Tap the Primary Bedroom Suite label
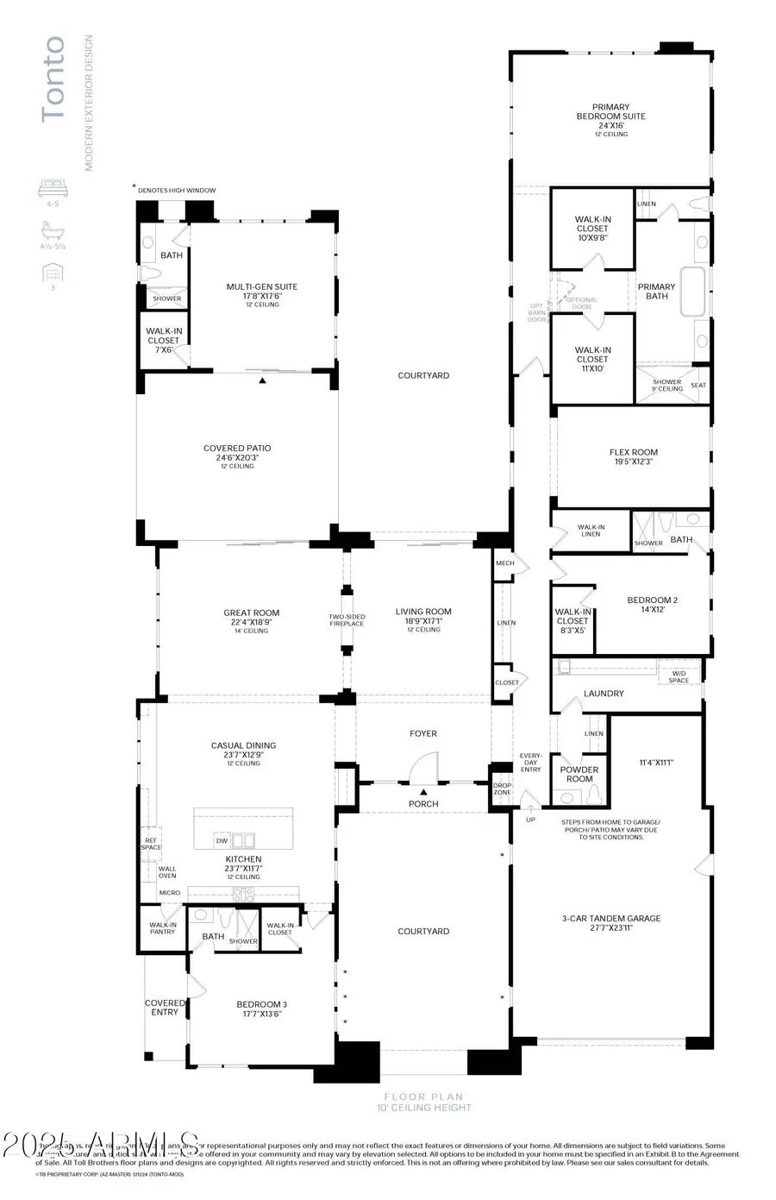tap(610, 116)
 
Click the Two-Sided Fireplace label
tap(347, 620)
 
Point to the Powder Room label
tap(579, 774)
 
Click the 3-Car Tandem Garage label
tap(610, 923)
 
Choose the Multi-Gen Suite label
tap(261, 292)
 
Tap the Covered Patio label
tap(237, 453)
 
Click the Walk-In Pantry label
tap(162, 927)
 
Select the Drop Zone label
tap(502, 788)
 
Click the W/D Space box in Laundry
tap(679, 675)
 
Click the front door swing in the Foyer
tap(423, 768)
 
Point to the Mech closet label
tap(504, 563)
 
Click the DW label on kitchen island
tap(222, 840)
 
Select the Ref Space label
tap(151, 844)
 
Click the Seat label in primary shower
tap(698, 386)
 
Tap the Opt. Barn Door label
tap(536, 312)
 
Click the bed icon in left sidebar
tap(53, 187)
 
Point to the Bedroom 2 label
tap(652, 605)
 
